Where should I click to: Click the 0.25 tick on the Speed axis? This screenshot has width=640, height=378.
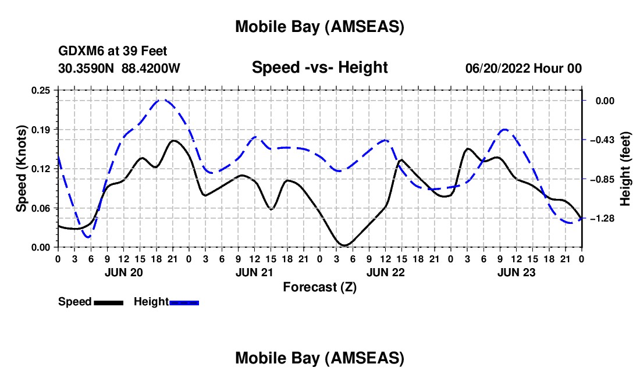(x=44, y=90)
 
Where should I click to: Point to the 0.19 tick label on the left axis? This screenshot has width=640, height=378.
(x=44, y=129)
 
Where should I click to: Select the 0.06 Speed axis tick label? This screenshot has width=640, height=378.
(x=44, y=208)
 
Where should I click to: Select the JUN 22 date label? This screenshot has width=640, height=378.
(x=385, y=272)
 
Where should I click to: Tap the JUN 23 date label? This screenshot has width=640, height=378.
(x=516, y=272)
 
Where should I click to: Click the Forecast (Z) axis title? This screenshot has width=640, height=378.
(x=319, y=287)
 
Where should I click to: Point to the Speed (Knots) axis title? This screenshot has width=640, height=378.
(x=21, y=169)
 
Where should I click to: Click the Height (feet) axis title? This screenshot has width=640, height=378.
(x=625, y=169)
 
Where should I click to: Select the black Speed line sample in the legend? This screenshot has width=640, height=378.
(x=108, y=302)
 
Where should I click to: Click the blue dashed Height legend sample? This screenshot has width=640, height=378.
(x=184, y=302)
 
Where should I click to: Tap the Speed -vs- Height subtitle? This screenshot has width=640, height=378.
(x=319, y=67)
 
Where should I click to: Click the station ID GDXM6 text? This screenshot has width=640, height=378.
(x=79, y=52)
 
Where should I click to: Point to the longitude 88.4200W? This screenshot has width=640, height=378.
(x=151, y=68)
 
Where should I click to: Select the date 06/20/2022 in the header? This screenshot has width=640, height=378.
(x=497, y=68)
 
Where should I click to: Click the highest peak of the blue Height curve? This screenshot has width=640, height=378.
(x=162, y=100)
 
